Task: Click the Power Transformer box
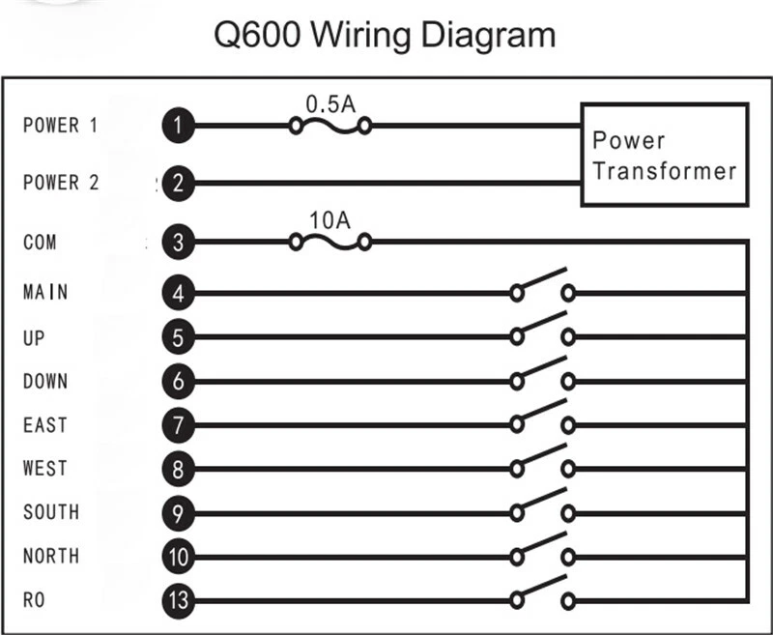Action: [664, 155]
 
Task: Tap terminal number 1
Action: [178, 125]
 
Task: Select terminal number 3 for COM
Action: [178, 242]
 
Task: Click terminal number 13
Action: [178, 601]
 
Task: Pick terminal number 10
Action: [178, 557]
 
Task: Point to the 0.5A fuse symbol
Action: [330, 125]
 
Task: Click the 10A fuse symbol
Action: [330, 243]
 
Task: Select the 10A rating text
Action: [329, 219]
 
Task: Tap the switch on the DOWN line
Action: [542, 375]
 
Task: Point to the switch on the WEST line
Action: [542, 463]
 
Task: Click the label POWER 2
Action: [61, 182]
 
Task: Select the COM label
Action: [40, 242]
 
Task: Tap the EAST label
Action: [45, 424]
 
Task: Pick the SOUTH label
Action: [50, 511]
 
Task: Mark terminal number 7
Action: [178, 424]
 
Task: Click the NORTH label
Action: [50, 556]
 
